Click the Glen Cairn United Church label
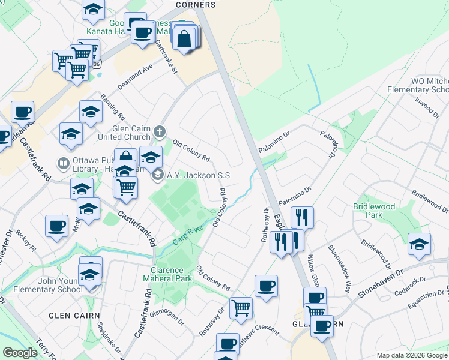click(125, 133)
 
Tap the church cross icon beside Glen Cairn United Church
click(160, 131)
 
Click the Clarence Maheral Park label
click(167, 274)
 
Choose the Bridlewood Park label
click(375, 211)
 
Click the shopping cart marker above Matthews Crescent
click(241, 308)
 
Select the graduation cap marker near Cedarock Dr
click(419, 244)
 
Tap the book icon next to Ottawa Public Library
click(63, 163)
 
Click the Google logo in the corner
click(20, 353)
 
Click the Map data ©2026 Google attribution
click(411, 355)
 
